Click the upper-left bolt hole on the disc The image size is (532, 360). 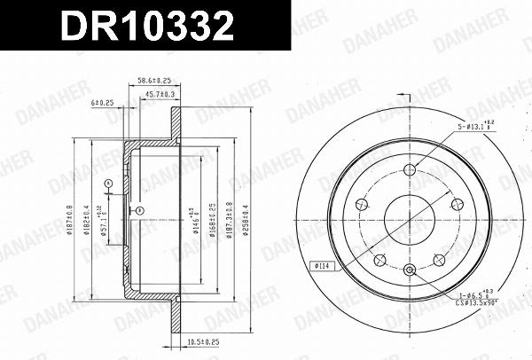tap(360, 206)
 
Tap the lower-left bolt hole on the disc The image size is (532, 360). tap(379, 261)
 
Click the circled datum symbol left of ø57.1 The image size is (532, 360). tap(108, 184)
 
